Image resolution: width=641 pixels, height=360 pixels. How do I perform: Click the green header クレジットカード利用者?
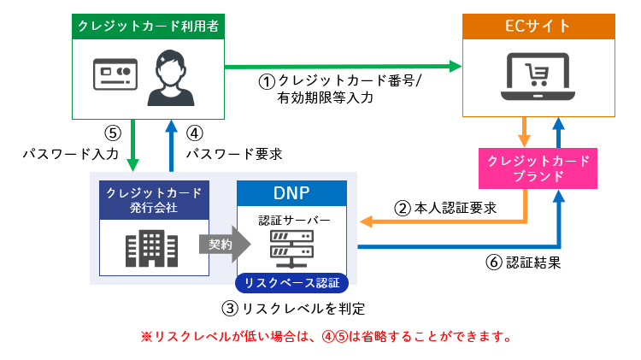[x=147, y=27]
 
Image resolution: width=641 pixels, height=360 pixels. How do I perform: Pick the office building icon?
[x=150, y=247]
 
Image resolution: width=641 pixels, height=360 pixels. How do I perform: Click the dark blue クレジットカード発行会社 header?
[x=150, y=199]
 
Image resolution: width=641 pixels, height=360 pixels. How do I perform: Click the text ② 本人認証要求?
[x=444, y=207]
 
